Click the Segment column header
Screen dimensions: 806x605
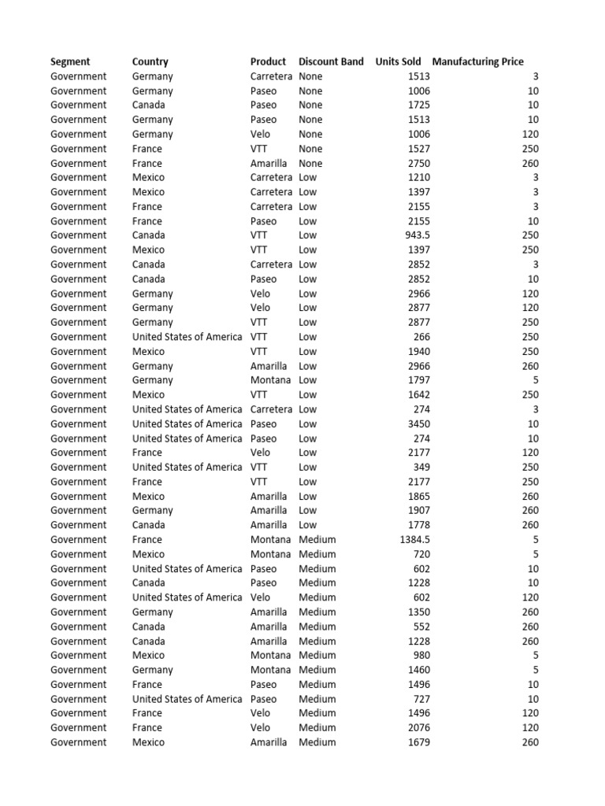[x=70, y=61]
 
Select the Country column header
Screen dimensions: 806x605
[x=150, y=61]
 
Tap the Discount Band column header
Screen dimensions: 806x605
[x=331, y=61]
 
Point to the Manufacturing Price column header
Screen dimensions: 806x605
[x=477, y=61]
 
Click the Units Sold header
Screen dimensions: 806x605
[x=398, y=61]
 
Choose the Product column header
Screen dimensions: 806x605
[x=268, y=61]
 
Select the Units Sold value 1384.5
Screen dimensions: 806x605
[x=414, y=539]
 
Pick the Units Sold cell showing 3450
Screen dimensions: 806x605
[x=419, y=423]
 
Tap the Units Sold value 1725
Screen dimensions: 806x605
[x=419, y=105]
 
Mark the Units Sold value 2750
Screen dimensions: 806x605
[x=419, y=163]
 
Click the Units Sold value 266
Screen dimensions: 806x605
[x=421, y=337]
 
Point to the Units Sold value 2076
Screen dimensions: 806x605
[x=419, y=727]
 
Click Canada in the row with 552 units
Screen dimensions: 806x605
[x=149, y=627]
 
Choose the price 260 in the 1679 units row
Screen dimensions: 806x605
[x=530, y=742]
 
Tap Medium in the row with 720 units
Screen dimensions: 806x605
[x=317, y=554]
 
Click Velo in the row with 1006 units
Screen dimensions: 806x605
[x=260, y=134]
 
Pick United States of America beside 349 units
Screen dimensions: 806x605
[x=187, y=467]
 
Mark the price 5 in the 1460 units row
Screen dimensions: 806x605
[x=536, y=670]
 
